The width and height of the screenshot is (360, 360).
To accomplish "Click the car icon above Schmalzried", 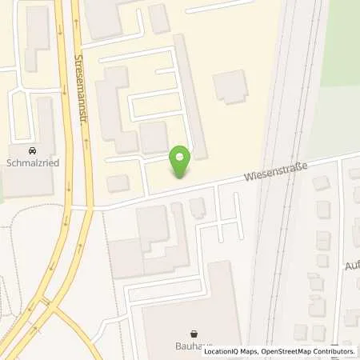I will [x=31, y=150].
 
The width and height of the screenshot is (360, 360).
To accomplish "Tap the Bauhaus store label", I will [x=193, y=346].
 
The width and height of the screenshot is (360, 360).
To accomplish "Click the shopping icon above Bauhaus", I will [x=193, y=334].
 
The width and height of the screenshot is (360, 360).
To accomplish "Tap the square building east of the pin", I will [x=231, y=86].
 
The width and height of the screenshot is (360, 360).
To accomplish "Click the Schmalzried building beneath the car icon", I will [x=28, y=180].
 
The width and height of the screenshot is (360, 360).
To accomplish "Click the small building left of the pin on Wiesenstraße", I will [x=118, y=183].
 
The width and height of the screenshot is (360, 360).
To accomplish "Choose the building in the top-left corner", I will [x=36, y=32].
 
